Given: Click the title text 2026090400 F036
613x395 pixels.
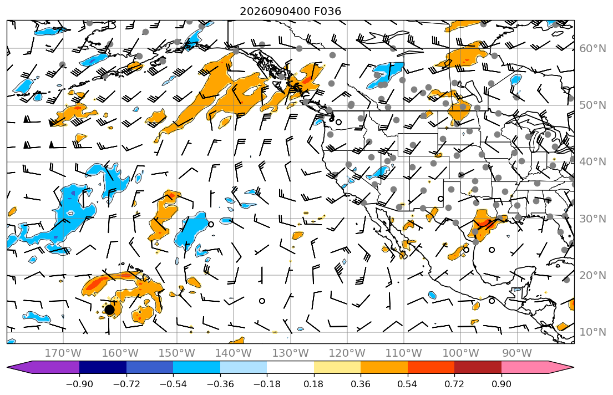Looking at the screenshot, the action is point(290,11).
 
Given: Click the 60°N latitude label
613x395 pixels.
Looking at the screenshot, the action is point(592,48).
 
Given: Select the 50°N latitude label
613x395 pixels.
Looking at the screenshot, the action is point(592,105).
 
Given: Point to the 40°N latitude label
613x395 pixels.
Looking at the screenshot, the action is point(592,161).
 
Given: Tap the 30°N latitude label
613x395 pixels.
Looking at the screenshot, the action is point(592,219).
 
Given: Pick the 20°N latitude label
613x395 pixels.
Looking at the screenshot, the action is point(592,275).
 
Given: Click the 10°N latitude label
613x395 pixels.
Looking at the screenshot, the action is point(592,332).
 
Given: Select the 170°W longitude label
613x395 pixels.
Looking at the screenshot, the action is point(63,353).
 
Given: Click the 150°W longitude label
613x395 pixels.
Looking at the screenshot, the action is point(177,353).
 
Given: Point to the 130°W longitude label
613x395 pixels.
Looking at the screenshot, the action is point(290,353).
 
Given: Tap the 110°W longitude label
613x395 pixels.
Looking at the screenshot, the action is point(404,353).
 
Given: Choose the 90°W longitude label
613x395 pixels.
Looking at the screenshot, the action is point(517,353).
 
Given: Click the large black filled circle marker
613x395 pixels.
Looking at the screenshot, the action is point(109,310).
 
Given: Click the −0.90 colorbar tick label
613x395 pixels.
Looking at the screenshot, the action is point(79,384).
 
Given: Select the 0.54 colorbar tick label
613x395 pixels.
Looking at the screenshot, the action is point(407,384).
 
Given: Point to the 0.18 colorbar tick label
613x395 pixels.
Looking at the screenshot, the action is point(313,384).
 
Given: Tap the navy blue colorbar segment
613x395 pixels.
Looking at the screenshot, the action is point(103,367).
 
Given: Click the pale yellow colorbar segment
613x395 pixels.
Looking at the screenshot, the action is point(337,367).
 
